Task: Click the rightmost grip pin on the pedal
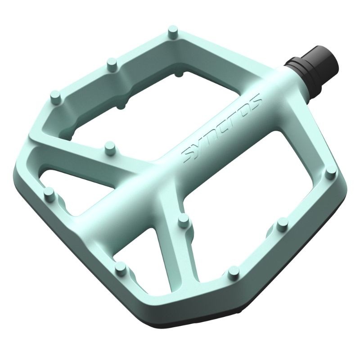coord(330,171)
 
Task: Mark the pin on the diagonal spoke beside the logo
coord(108,146)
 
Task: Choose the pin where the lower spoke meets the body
coord(183,219)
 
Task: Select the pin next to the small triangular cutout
coord(49,193)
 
